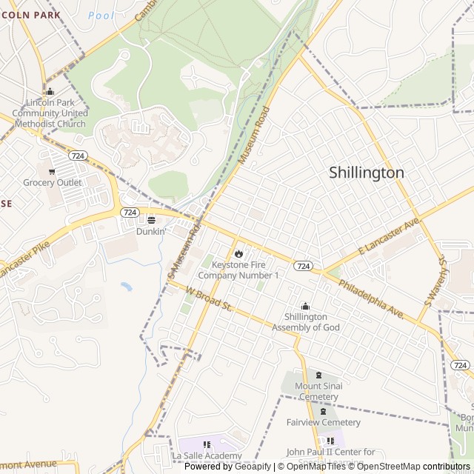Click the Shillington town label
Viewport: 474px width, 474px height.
[367, 173]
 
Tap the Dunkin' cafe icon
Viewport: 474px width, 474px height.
[152, 220]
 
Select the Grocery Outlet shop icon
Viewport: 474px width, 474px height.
[52, 172]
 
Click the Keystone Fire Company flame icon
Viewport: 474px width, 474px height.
[238, 254]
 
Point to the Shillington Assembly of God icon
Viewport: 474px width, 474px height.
[305, 307]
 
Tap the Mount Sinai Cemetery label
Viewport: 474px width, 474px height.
[318, 391]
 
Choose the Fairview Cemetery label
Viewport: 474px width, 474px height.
[323, 422]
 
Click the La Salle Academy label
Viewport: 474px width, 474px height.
[207, 455]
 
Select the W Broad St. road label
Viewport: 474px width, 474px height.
[210, 299]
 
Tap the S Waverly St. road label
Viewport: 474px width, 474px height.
[434, 282]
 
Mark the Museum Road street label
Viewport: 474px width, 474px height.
[254, 134]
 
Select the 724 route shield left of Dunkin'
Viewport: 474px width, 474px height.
[130, 212]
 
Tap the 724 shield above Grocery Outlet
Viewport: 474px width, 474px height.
[78, 156]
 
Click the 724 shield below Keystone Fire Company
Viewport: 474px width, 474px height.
[302, 265]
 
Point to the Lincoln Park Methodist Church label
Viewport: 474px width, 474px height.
[56, 113]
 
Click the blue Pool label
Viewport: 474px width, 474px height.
[101, 15]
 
